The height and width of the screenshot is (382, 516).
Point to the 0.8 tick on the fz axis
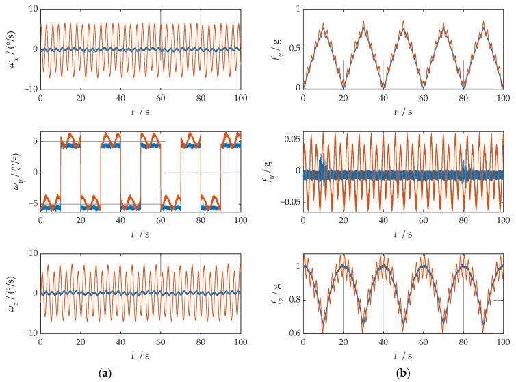click(x=292, y=300)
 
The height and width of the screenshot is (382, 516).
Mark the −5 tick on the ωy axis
click(x=31, y=204)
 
